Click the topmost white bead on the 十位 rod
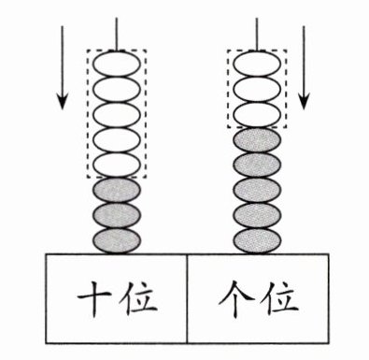click(x=117, y=65)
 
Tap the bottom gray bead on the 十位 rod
click(x=117, y=240)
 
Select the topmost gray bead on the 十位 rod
click(x=117, y=190)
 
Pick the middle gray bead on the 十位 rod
click(x=117, y=215)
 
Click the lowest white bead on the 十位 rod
click(x=117, y=165)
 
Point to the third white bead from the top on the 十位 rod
click(x=117, y=115)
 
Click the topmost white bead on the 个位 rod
click(x=257, y=65)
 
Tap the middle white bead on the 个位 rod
click(x=257, y=90)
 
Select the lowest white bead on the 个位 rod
click(x=257, y=114)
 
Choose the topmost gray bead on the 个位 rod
click(x=257, y=140)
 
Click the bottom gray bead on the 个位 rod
click(x=257, y=240)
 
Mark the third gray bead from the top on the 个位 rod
click(x=257, y=190)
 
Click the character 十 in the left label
click(x=93, y=297)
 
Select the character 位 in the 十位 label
click(x=140, y=297)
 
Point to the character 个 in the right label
click(x=235, y=298)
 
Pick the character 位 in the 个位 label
click(x=281, y=297)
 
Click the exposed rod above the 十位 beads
click(x=117, y=35)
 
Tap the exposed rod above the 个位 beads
click(x=257, y=35)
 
